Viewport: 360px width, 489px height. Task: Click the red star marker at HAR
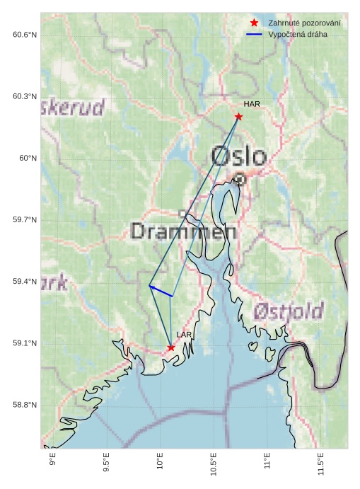(239, 117)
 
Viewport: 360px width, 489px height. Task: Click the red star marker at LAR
(171, 347)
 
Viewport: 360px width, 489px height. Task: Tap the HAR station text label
(252, 104)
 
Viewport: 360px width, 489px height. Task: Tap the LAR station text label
(184, 335)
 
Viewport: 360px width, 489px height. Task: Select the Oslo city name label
(239, 156)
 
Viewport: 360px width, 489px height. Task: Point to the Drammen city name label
(183, 231)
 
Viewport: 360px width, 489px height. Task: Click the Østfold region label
(289, 311)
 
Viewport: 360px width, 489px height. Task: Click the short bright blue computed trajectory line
(161, 291)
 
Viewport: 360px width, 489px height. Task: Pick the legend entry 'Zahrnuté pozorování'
(304, 23)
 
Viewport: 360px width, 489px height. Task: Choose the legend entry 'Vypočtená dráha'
(298, 34)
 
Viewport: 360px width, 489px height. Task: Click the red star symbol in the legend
(254, 23)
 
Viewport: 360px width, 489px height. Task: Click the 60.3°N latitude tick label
(25, 97)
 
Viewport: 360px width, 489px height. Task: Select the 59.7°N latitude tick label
(25, 220)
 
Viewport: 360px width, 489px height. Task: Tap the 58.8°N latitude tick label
(25, 405)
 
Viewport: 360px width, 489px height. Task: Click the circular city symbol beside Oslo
(240, 179)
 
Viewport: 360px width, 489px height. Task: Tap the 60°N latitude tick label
(28, 159)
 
